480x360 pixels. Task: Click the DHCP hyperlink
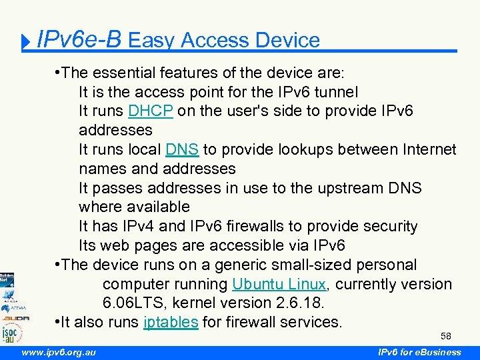pos(151,111)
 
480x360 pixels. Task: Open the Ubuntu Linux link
pos(279,284)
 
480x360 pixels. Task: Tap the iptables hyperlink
pos(171,322)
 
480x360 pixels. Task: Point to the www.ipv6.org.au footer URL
pos(59,352)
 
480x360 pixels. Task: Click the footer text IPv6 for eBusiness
pos(419,352)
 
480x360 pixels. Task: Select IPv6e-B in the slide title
pos(79,40)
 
